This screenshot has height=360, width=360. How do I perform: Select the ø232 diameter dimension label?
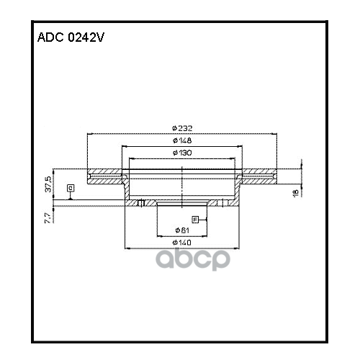[x=182, y=127]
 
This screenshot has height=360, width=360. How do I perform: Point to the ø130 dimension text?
[x=182, y=153]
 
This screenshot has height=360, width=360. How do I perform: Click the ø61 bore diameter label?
[x=182, y=230]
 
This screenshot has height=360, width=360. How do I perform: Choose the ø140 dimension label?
[x=182, y=243]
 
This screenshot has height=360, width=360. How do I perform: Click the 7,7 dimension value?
[x=48, y=216]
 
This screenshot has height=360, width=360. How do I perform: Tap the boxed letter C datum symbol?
[x=70, y=189]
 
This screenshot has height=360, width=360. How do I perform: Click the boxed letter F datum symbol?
[x=194, y=219]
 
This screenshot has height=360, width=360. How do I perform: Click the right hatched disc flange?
[x=259, y=175]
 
